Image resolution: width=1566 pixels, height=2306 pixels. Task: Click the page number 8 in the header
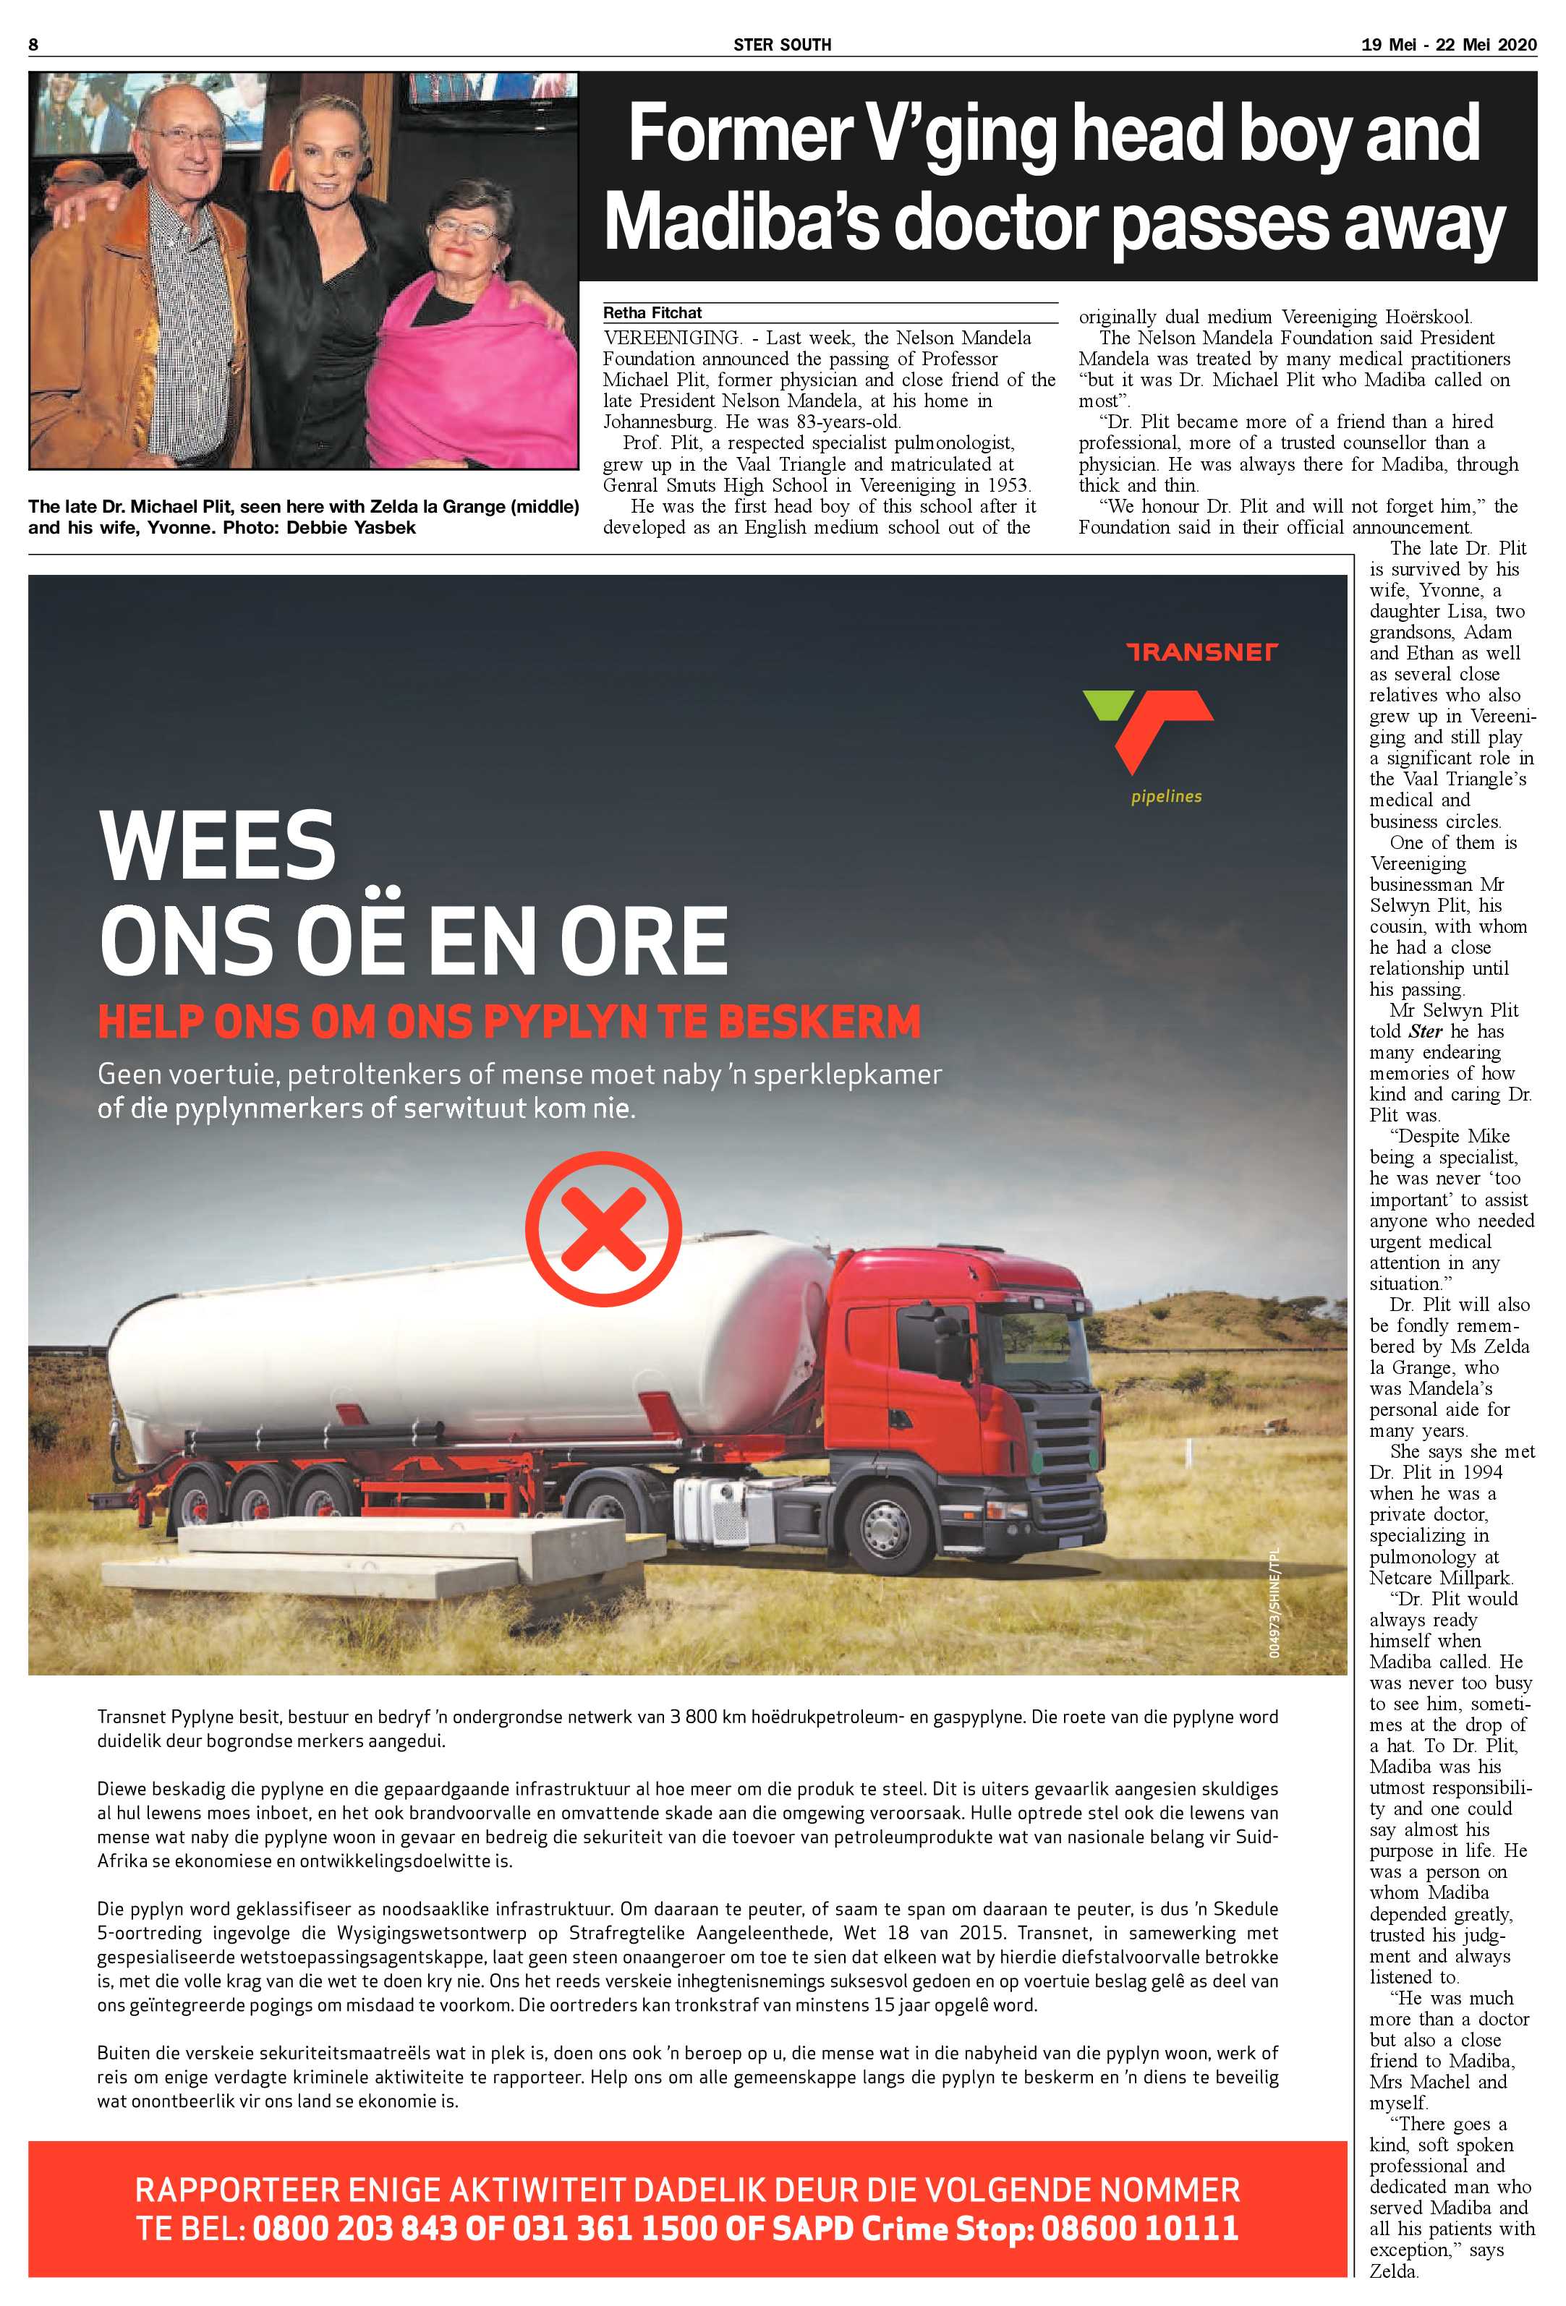(x=33, y=43)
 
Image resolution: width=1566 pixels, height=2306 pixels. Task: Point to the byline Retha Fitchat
(x=652, y=312)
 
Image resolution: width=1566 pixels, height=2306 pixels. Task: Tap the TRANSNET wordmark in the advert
(x=1201, y=652)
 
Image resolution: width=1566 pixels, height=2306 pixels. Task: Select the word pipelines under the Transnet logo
(x=1166, y=796)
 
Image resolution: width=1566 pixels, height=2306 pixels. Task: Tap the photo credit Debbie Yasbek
(x=352, y=527)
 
